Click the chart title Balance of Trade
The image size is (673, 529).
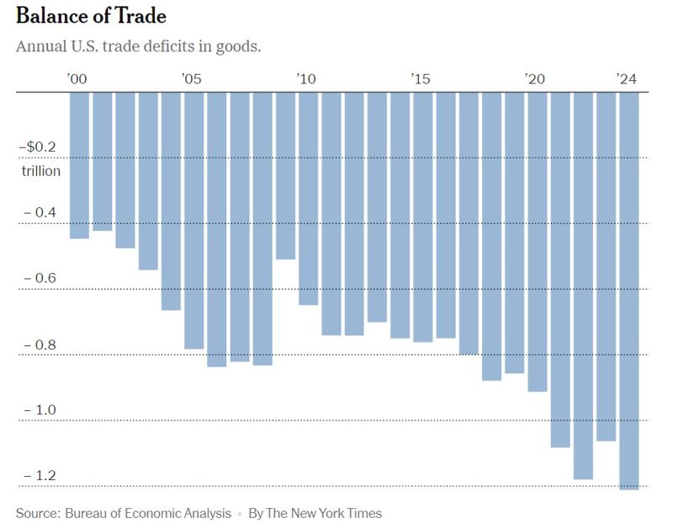coord(91,16)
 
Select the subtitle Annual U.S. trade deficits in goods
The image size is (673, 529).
coord(138,45)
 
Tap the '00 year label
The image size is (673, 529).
coord(77,79)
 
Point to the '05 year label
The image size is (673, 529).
coord(191,79)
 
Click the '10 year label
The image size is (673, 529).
coord(305,79)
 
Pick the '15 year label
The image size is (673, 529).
coord(421,79)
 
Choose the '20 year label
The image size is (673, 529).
coord(535,79)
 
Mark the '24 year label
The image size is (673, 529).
coord(627,79)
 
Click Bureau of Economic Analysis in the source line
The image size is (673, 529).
coord(148,513)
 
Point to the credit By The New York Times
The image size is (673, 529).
coord(315,513)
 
